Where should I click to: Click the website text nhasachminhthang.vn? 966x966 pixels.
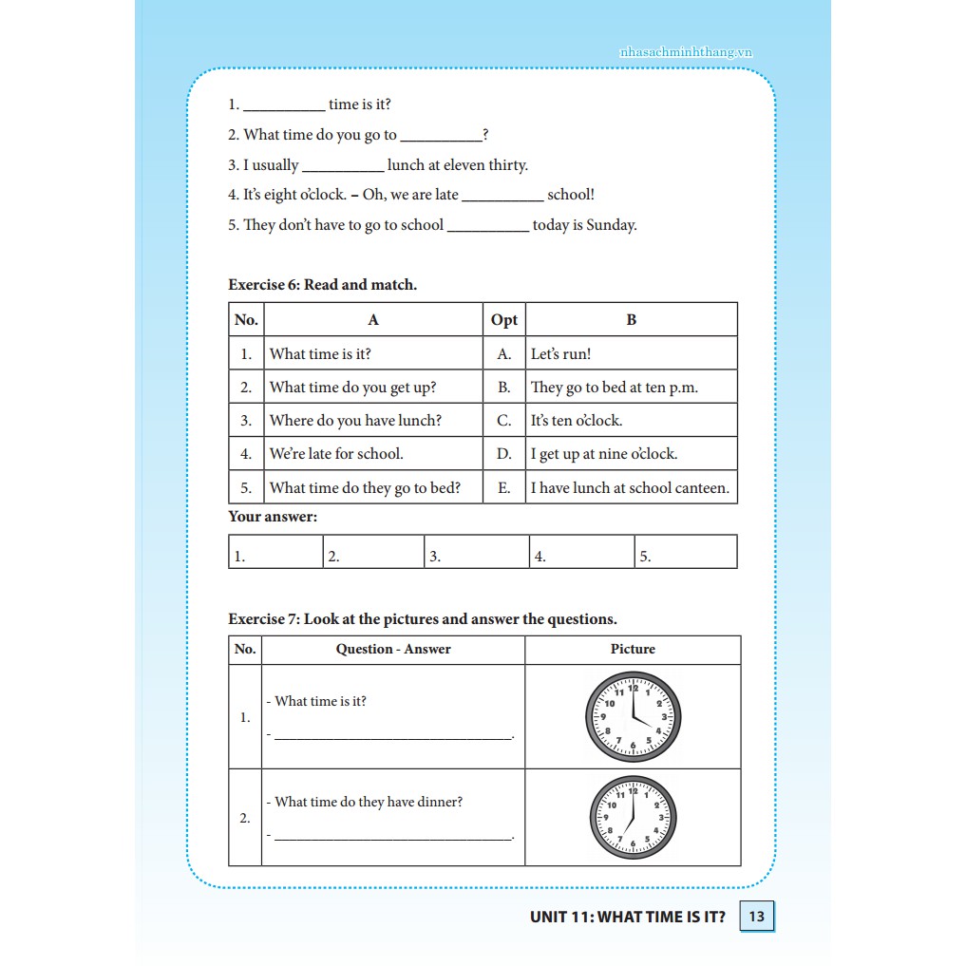685,52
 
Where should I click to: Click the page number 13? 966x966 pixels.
756,917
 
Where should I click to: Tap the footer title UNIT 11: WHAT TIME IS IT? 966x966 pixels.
627,917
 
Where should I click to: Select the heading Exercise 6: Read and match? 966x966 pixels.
322,284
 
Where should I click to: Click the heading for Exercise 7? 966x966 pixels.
422,619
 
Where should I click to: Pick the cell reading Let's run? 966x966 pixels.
560,354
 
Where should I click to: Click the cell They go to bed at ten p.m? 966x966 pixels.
614,388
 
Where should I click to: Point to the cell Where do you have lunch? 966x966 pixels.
355,421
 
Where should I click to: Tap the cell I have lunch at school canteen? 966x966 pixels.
630,488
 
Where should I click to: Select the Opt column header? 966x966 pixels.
503,320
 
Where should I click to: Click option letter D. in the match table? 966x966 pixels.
503,454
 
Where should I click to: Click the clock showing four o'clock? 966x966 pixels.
633,717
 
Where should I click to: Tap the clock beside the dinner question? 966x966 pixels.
633,818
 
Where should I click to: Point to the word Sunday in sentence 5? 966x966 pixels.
611,225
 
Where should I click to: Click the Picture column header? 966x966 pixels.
633,649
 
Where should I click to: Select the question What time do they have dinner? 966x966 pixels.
369,802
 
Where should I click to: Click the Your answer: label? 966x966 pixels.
273,517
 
